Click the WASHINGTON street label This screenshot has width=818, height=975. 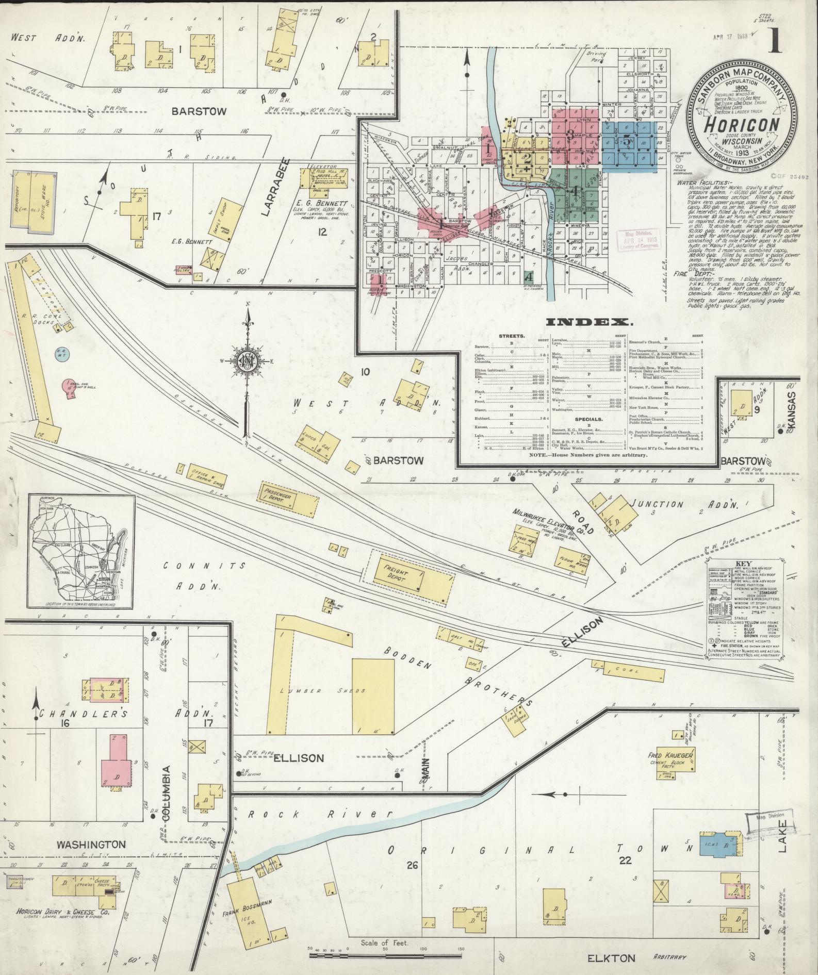(x=91, y=845)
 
